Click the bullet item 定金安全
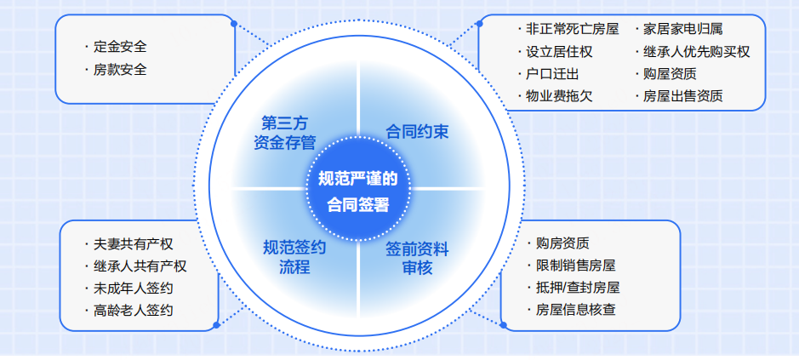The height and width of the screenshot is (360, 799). tap(120, 47)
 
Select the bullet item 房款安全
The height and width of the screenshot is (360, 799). tap(120, 69)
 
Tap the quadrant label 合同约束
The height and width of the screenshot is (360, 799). tap(417, 132)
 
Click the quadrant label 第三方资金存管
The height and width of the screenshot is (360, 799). tap(285, 133)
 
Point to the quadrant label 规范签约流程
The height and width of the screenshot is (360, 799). tap(294, 257)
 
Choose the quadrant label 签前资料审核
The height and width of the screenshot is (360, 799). tap(417, 258)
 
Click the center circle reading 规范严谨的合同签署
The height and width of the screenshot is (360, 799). tap(357, 189)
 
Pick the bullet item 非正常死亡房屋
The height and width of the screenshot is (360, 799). tap(573, 29)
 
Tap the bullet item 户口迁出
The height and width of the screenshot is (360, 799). tap(552, 74)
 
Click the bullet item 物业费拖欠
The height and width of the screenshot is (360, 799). tap(559, 96)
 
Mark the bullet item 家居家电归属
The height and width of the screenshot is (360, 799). tap(682, 29)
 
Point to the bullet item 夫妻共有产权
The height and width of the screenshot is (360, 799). tap(134, 243)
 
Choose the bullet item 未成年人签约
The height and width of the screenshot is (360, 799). tap(134, 289)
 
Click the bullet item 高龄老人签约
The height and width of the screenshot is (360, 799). tap(134, 310)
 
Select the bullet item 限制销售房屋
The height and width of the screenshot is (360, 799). tap(576, 266)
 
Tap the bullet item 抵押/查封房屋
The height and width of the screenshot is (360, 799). tap(578, 287)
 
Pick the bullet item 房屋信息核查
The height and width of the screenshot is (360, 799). tap(576, 310)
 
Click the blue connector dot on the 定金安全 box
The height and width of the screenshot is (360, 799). tap(234, 24)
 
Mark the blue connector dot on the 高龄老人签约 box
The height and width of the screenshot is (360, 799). tap(216, 325)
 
